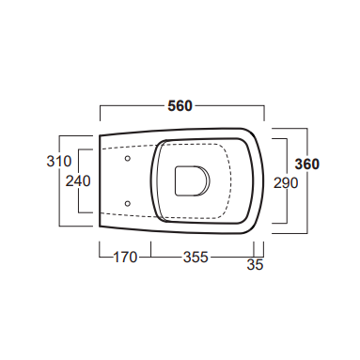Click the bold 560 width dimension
tap(180, 106)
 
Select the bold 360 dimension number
tap(307, 164)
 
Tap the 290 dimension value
tap(286, 183)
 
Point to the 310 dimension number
tap(59, 162)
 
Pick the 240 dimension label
tap(78, 181)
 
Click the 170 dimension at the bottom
tap(125, 258)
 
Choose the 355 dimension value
tap(196, 258)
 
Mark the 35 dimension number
tap(255, 265)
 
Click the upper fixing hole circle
tap(128, 159)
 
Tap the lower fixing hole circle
tap(128, 204)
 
